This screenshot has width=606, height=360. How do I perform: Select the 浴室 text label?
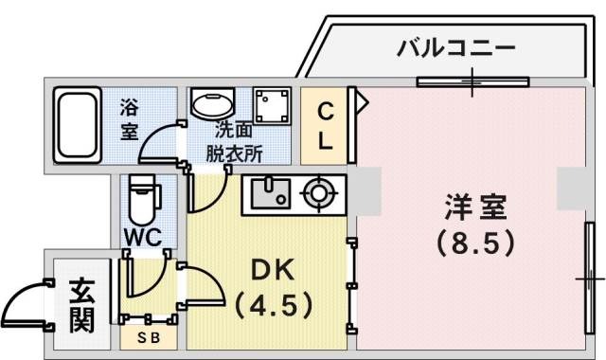point(129,121)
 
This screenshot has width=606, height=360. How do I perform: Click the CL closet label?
point(324,127)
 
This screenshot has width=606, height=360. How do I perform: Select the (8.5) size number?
point(476,243)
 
